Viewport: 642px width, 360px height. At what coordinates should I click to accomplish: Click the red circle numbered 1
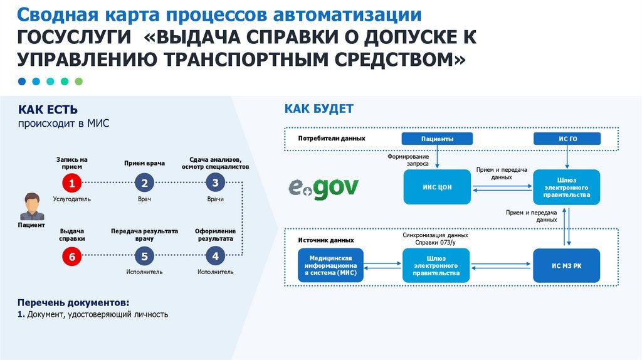[x=72, y=184]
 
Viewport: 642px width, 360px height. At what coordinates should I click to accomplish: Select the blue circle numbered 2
[x=144, y=184]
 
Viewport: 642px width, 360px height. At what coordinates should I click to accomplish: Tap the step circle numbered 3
[x=215, y=183]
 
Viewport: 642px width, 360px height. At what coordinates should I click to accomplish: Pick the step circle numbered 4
[x=215, y=256]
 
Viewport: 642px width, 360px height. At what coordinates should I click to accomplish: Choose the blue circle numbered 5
[x=144, y=256]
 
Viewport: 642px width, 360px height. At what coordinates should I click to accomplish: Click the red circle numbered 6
[x=72, y=256]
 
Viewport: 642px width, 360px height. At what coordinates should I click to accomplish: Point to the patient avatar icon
[x=31, y=206]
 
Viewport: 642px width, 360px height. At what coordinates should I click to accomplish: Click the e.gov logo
[x=324, y=187]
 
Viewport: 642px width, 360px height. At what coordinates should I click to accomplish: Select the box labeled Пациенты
[x=437, y=139]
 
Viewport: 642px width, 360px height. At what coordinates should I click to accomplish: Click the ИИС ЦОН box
[x=437, y=187]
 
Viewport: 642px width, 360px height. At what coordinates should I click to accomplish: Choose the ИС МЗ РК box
[x=566, y=265]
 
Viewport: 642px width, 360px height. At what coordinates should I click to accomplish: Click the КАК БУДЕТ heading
[x=318, y=109]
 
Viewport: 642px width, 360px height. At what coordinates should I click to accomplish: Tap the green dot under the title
[x=78, y=82]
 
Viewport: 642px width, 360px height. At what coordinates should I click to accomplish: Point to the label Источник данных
[x=325, y=240]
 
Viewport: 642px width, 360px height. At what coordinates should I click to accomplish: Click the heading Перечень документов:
[x=73, y=302]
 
